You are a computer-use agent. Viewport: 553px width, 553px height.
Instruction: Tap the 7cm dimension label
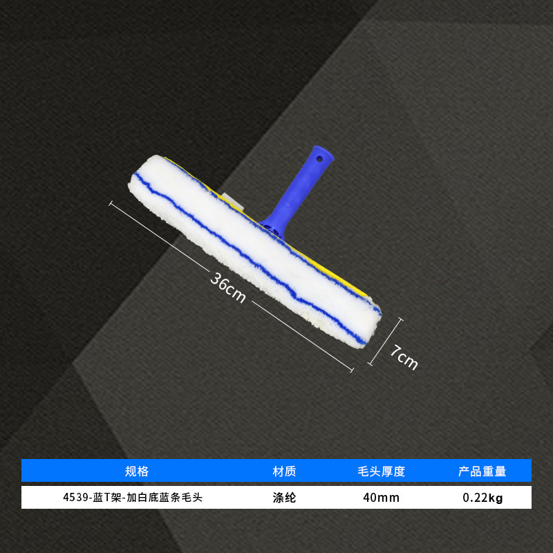(x=403, y=357)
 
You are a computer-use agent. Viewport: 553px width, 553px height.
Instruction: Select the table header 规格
(x=137, y=471)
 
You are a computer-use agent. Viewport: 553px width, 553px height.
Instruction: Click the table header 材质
(x=285, y=471)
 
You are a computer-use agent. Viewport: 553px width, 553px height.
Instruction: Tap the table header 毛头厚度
(x=382, y=471)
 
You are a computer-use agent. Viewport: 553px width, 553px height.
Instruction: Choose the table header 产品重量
(x=482, y=471)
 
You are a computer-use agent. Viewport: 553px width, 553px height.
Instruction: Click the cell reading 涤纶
(x=285, y=497)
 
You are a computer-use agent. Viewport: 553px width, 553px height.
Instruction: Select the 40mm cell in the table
(x=382, y=497)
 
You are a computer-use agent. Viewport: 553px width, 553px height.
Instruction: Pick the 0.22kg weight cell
(x=482, y=497)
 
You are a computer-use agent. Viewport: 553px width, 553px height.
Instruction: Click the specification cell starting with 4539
(x=132, y=497)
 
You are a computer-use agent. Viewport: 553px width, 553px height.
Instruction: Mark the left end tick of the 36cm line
(x=111, y=203)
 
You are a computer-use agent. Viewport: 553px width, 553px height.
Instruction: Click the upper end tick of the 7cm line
(x=401, y=319)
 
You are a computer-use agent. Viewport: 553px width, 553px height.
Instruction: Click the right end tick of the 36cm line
(x=352, y=372)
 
